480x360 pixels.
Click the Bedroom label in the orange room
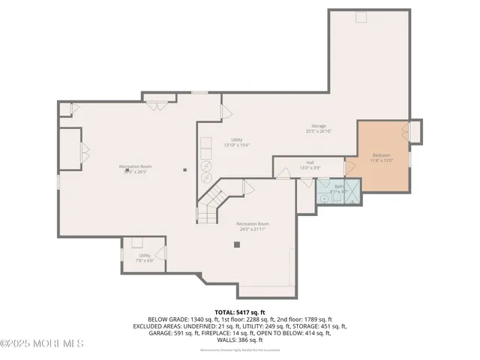(382, 155)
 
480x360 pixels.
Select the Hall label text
(310, 162)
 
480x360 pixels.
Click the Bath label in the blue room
(338, 186)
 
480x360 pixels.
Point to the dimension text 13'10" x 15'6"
(236, 145)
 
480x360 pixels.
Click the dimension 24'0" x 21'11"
(252, 229)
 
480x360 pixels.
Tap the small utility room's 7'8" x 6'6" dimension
(145, 260)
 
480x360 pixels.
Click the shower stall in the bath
(325, 187)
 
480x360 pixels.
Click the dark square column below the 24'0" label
(237, 244)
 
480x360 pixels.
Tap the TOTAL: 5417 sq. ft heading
(240, 311)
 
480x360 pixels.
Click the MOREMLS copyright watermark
(42, 343)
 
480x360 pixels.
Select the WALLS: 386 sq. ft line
(240, 340)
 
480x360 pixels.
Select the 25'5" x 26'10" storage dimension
(319, 131)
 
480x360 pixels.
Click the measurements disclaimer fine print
(240, 350)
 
